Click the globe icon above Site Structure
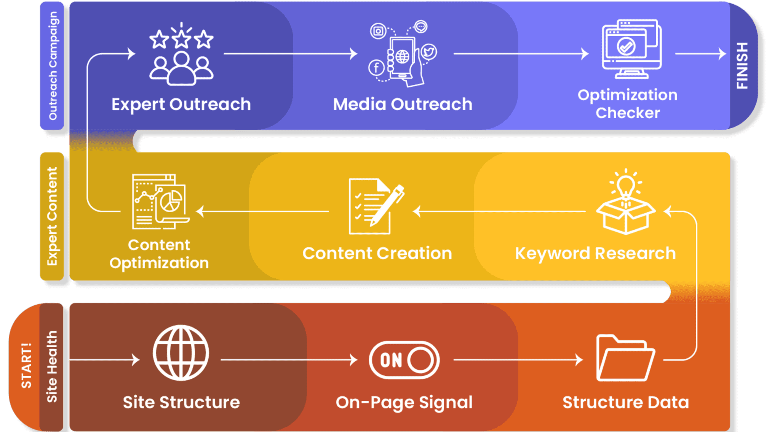point(181,353)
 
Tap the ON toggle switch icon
point(404,360)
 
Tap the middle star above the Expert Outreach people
point(181,38)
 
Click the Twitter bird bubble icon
point(429,52)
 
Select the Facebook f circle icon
point(376,68)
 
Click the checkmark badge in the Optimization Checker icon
point(626,46)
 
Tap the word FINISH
point(742,65)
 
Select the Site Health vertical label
point(52,366)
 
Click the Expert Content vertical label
point(52,216)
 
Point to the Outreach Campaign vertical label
point(53,65)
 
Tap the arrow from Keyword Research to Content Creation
point(499,211)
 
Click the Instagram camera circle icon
point(378,31)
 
